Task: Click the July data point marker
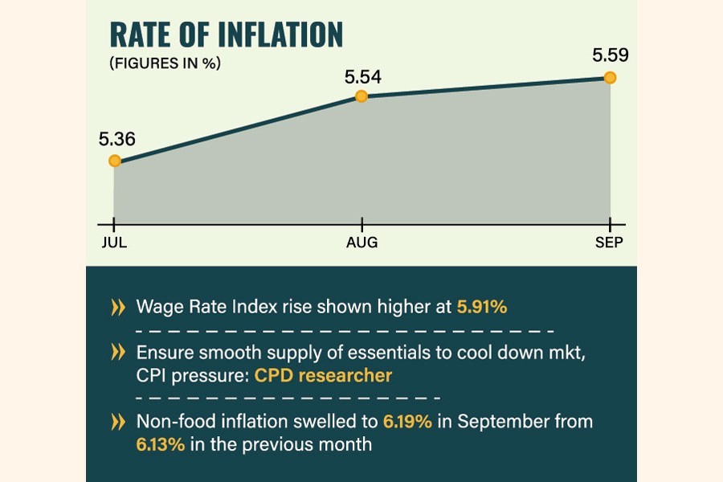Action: click(115, 161)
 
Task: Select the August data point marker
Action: click(361, 96)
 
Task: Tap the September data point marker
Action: click(610, 77)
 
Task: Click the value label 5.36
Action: click(116, 139)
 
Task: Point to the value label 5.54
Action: click(362, 78)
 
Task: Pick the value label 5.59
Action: click(610, 56)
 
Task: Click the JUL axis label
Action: click(114, 243)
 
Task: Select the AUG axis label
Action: click(361, 243)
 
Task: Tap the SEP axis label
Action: click(610, 243)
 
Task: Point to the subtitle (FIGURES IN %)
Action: click(165, 64)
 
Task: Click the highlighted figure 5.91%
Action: click(482, 306)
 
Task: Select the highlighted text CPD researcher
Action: click(324, 374)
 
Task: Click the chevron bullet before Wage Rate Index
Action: click(118, 306)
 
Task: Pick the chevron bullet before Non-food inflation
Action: click(118, 420)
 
